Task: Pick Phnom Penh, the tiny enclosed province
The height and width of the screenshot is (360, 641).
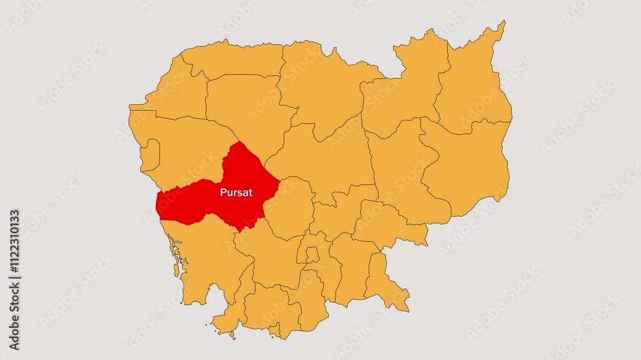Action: (312, 255)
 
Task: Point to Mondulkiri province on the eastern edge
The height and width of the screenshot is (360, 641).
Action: (468, 167)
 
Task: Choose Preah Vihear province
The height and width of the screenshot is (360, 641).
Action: (320, 83)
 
